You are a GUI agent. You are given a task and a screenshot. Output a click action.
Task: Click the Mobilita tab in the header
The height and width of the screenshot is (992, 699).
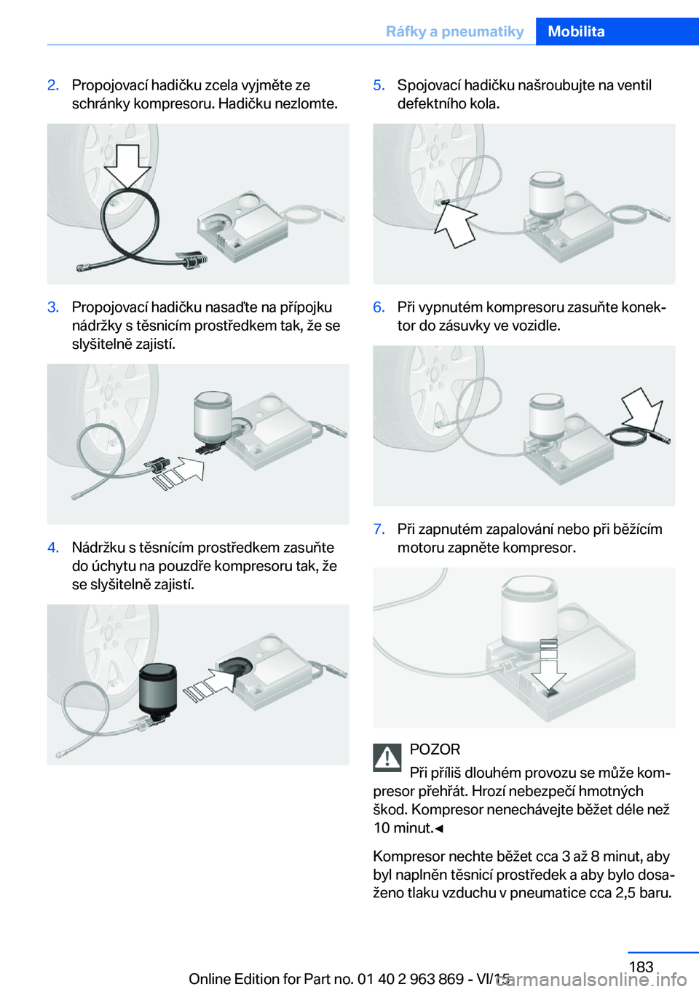click(576, 31)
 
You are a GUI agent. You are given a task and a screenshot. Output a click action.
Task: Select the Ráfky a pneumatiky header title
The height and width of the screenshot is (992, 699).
click(454, 31)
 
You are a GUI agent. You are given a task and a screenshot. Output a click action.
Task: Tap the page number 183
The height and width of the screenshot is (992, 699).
click(641, 967)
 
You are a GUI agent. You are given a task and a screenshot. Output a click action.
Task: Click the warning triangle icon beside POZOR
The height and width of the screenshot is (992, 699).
click(387, 757)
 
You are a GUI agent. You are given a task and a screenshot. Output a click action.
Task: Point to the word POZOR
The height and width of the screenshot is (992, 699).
click(435, 749)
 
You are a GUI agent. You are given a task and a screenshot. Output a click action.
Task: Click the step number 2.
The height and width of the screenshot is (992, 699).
click(53, 85)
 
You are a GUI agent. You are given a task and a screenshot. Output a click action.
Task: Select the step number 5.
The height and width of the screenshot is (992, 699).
click(379, 85)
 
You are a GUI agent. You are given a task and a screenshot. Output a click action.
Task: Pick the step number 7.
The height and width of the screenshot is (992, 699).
click(379, 530)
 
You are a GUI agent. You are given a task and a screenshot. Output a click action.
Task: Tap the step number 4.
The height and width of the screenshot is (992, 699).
click(53, 548)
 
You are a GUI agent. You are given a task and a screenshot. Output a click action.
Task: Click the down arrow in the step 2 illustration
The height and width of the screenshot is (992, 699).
click(127, 166)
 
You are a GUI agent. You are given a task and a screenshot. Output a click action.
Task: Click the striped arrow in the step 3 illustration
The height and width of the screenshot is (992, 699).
click(178, 473)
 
